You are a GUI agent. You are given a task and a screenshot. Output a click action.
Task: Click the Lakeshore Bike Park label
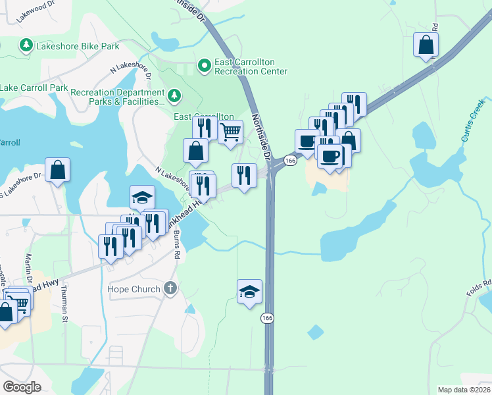tap(79, 46)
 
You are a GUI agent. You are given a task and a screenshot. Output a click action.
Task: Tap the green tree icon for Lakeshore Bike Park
tap(26, 46)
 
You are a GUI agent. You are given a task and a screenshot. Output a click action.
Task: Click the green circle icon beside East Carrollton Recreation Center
tap(205, 66)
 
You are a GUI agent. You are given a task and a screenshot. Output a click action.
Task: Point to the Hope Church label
tap(134, 289)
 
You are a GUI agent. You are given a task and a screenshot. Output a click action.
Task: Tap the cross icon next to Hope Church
tap(170, 288)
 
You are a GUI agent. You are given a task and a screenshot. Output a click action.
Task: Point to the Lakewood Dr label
tap(34, 12)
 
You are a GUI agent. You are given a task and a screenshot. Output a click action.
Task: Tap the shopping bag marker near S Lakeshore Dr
tap(58, 170)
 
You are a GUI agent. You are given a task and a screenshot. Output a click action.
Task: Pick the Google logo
tap(22, 387)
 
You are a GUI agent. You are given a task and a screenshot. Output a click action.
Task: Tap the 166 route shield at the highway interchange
tap(289, 160)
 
